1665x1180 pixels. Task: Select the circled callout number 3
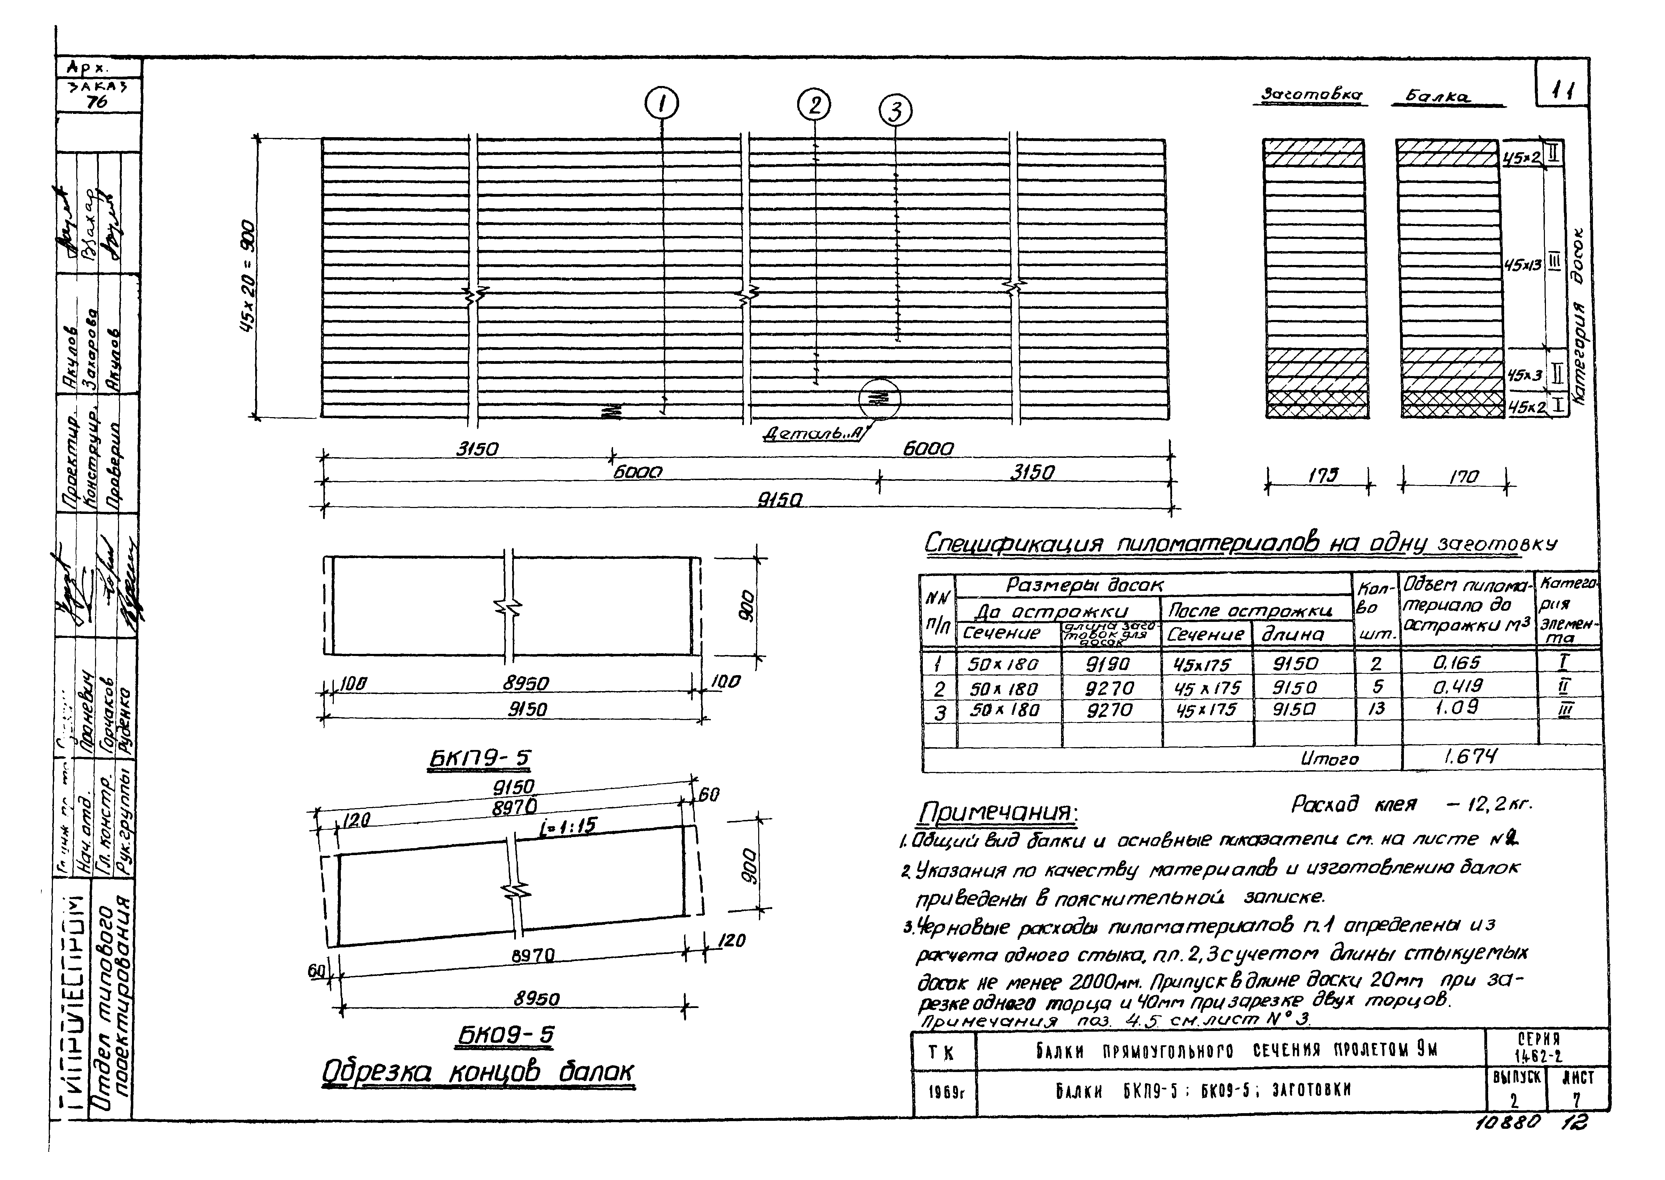coord(896,111)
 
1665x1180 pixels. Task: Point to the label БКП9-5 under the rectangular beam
coord(479,759)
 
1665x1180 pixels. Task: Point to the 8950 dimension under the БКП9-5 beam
coord(526,684)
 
